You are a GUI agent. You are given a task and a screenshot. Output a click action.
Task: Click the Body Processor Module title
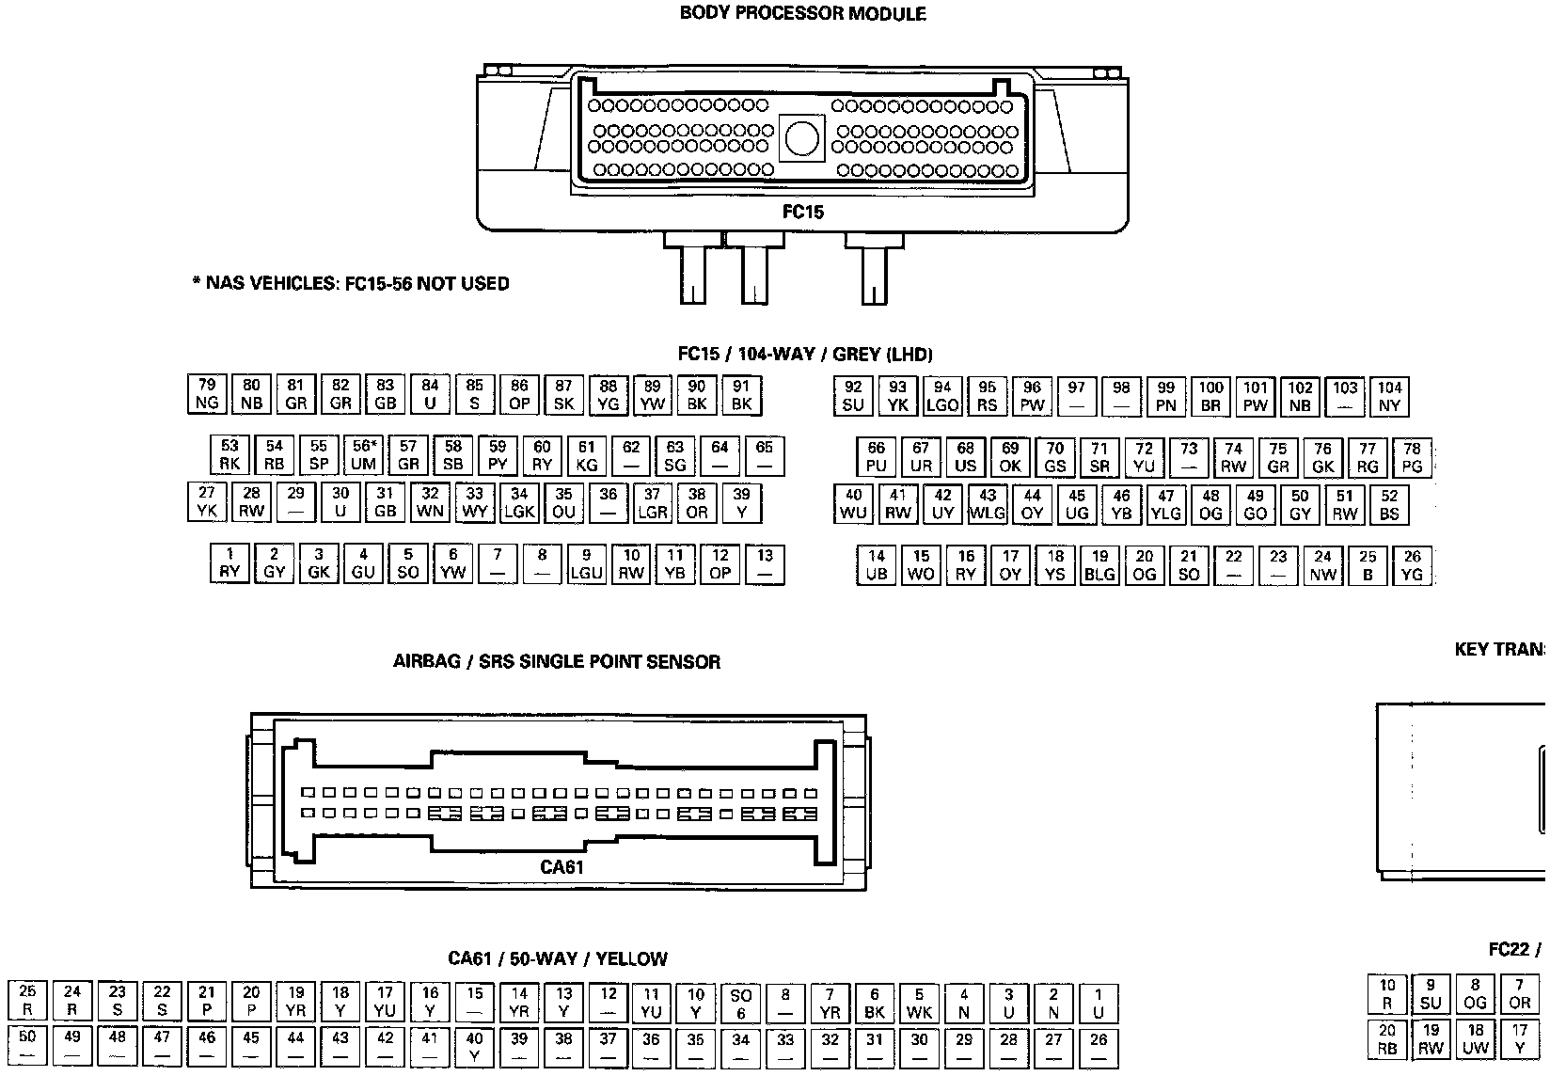(x=802, y=14)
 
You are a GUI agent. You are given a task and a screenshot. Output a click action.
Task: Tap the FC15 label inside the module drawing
(x=802, y=212)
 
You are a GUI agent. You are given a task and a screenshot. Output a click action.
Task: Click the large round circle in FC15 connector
(x=802, y=138)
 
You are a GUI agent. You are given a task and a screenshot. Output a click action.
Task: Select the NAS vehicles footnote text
(x=351, y=283)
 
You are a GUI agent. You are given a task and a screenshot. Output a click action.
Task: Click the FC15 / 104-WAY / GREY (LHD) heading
(x=805, y=355)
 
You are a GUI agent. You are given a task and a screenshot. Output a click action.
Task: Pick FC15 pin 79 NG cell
(x=207, y=395)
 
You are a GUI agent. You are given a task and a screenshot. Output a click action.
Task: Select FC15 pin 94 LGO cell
(x=942, y=397)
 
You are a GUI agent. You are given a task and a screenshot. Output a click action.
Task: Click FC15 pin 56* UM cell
(x=363, y=455)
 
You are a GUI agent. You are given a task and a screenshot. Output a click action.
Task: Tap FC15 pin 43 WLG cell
(x=988, y=504)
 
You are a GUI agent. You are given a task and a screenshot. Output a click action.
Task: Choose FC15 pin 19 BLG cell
(x=1099, y=565)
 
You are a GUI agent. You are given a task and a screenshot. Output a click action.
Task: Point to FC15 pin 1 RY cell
(x=229, y=563)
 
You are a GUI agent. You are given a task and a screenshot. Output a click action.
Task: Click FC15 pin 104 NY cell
(x=1389, y=397)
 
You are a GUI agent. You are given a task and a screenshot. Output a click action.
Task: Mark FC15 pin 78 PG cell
(x=1412, y=457)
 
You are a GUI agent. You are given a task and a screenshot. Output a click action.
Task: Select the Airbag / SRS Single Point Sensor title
(x=557, y=661)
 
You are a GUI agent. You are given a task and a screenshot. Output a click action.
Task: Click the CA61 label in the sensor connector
(x=561, y=866)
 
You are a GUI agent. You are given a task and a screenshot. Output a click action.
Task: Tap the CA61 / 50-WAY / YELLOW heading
(x=558, y=958)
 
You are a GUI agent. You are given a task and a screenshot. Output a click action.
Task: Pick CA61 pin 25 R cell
(x=27, y=1002)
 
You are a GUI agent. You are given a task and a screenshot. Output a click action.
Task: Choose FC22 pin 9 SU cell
(x=1431, y=994)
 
